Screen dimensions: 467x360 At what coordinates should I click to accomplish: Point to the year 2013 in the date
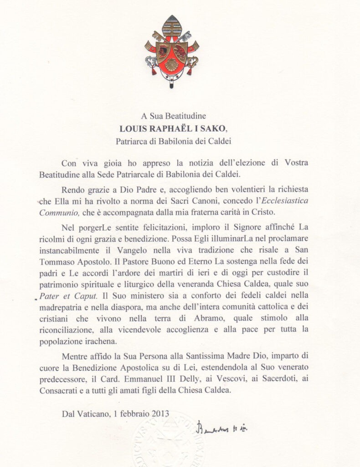[x=160, y=414]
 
